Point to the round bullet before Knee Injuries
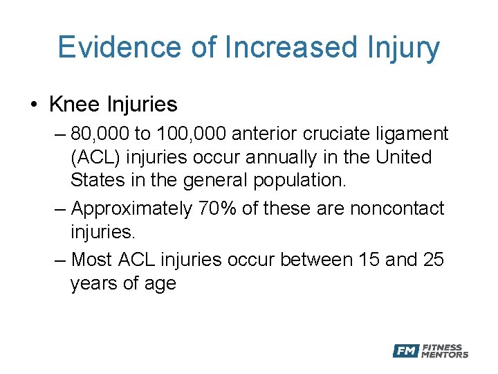[34, 105]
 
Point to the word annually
[300, 157]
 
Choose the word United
[403, 157]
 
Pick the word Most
[93, 259]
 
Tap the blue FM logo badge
[406, 351]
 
